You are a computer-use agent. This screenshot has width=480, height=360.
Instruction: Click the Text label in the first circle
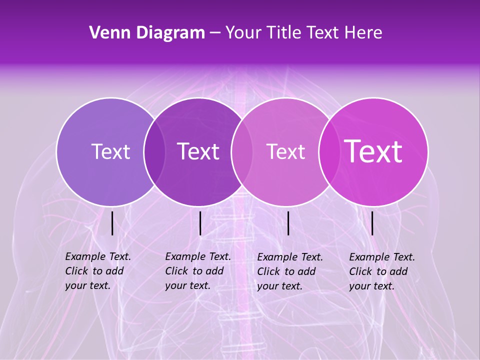click(x=110, y=151)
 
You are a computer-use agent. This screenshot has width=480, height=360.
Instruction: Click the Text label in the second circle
click(x=198, y=151)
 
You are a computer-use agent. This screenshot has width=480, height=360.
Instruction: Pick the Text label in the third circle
click(x=285, y=151)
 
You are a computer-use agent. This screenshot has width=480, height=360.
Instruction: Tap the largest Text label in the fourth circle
click(x=373, y=151)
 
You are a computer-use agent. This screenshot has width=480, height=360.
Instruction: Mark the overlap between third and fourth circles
click(x=327, y=151)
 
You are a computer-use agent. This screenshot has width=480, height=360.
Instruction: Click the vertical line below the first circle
click(x=112, y=223)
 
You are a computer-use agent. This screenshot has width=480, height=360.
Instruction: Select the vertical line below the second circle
click(x=200, y=223)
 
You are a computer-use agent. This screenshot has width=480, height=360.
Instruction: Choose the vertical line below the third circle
click(x=288, y=223)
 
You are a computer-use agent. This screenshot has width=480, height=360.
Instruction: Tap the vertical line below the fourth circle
click(x=372, y=223)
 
